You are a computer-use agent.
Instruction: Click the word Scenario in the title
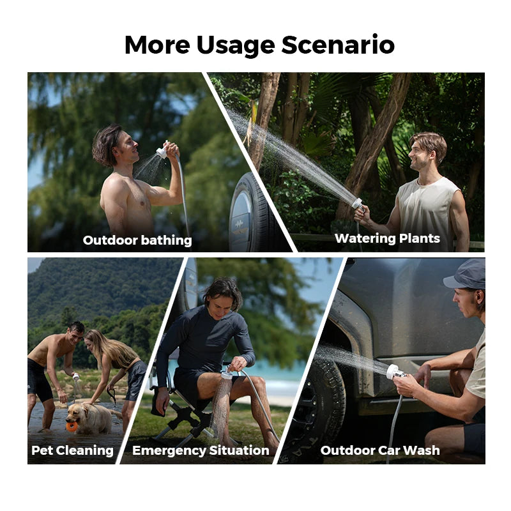click(338, 45)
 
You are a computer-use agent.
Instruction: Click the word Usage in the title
click(238, 45)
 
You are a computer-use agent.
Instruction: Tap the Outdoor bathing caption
click(137, 240)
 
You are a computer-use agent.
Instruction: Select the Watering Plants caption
click(387, 238)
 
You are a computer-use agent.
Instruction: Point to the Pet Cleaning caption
click(72, 450)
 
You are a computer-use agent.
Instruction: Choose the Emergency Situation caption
click(201, 450)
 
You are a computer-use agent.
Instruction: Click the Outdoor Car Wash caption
click(380, 450)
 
